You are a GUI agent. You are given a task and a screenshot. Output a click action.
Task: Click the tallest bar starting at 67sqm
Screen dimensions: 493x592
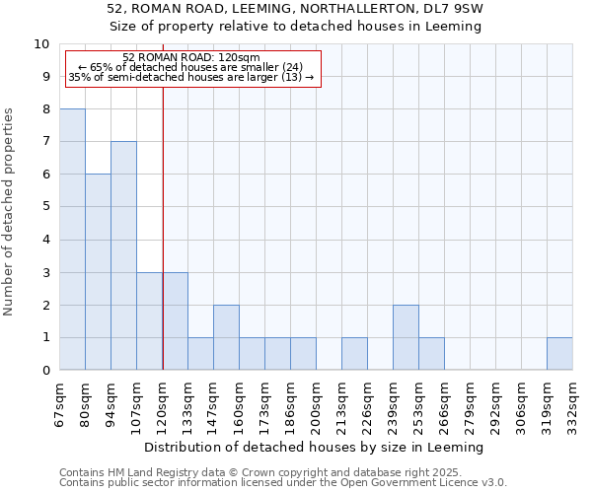72,240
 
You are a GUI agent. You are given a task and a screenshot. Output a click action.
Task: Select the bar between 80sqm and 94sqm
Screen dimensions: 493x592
98,272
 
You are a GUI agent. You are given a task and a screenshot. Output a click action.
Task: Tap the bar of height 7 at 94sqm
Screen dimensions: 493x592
123,255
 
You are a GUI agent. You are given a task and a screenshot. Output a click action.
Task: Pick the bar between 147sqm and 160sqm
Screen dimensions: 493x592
226,337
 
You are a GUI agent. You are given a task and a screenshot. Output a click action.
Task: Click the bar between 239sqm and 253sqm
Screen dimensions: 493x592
406,337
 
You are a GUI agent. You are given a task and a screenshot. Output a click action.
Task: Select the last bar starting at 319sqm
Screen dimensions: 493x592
559,354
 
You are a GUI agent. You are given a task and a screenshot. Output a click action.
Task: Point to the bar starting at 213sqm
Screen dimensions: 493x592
354,354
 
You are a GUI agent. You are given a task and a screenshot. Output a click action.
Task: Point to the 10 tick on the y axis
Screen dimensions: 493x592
41,44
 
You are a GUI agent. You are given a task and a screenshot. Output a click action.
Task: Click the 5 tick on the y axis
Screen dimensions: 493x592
45,207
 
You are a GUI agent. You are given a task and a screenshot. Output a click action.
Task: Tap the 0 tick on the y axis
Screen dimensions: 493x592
45,370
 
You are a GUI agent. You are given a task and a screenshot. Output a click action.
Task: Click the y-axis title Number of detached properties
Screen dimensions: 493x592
11,212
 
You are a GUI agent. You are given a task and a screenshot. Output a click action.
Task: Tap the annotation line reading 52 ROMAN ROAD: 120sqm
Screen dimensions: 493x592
191,58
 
